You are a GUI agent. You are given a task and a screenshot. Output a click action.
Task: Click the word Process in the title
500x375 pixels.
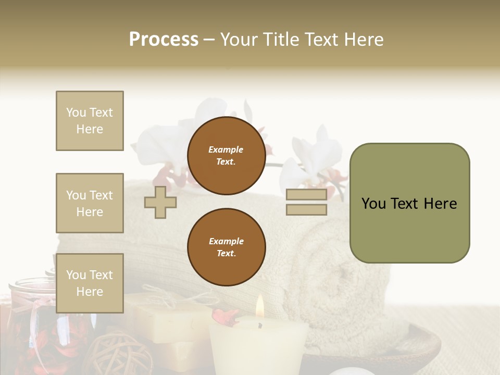click(x=164, y=40)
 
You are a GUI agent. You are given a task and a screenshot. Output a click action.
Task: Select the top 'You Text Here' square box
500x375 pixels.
click(x=90, y=121)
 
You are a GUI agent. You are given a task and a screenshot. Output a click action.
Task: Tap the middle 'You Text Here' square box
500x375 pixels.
click(x=90, y=203)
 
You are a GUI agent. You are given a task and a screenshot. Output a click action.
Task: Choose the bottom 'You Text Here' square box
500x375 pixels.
click(x=90, y=283)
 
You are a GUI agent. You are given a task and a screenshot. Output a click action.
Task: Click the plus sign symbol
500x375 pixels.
click(x=160, y=202)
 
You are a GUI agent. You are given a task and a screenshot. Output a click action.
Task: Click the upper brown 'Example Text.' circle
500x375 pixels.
click(x=226, y=156)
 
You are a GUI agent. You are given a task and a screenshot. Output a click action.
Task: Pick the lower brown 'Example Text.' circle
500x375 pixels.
click(x=226, y=247)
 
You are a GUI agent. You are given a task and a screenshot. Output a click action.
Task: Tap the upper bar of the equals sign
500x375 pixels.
click(x=306, y=195)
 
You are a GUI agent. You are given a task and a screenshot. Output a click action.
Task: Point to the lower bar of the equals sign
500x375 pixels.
click(x=306, y=210)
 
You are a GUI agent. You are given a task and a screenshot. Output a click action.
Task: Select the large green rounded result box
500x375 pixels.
click(x=409, y=203)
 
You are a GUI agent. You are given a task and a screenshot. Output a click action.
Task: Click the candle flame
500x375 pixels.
click(x=259, y=307)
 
